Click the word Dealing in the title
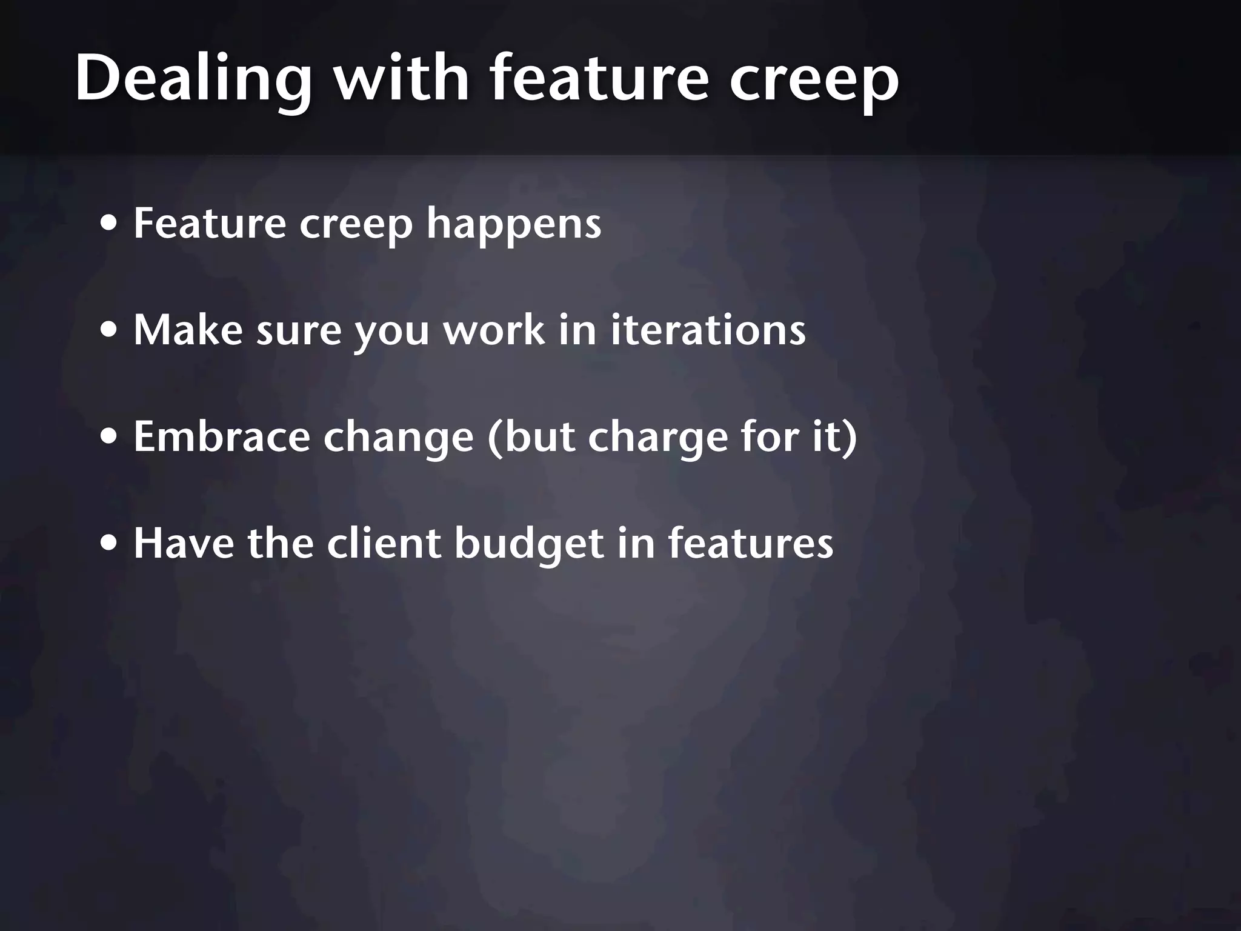coord(193,79)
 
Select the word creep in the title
coord(814,79)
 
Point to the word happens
coord(514,224)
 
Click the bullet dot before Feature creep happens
coord(109,224)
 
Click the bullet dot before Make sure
coord(109,331)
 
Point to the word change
coord(398,438)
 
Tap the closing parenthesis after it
coord(850,438)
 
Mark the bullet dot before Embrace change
coord(109,437)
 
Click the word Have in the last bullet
coord(184,543)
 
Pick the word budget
coord(529,544)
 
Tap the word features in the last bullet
coord(751,543)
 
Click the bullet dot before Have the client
coord(109,544)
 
